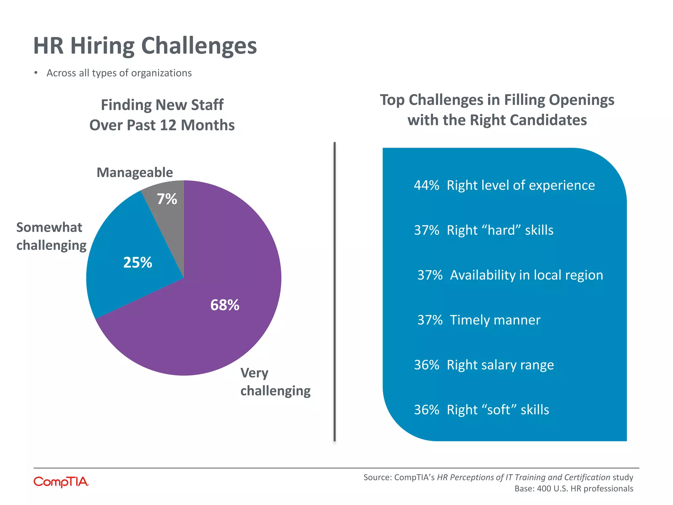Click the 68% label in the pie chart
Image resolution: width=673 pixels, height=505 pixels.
[225, 305]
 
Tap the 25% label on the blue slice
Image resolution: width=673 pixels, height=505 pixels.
[138, 262]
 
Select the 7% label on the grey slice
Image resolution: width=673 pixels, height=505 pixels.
[167, 199]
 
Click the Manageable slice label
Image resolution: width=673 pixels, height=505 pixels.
[134, 173]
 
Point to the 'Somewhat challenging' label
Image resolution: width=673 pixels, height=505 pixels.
[51, 236]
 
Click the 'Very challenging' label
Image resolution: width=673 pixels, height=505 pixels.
[275, 382]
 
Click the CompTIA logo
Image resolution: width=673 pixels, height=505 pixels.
[61, 482]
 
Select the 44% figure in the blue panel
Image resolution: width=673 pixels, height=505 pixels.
[426, 185]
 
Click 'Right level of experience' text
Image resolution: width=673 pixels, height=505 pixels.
[521, 185]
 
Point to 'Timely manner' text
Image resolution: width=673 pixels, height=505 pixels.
[495, 320]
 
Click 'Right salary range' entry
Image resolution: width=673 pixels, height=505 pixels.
[500, 365]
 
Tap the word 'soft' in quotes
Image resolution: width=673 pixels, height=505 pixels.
[499, 410]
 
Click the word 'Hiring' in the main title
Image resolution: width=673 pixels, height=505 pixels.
[102, 46]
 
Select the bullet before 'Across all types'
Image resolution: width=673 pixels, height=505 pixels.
[36, 73]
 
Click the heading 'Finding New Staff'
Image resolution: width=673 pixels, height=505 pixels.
[162, 105]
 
